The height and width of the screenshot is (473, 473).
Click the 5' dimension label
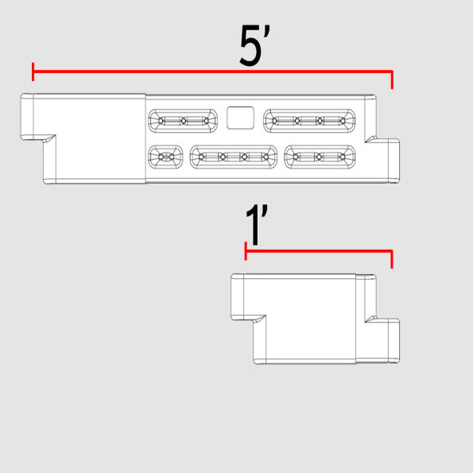(x=255, y=45)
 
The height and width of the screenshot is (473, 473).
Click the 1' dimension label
(x=257, y=226)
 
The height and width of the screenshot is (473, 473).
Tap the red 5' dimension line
(x=212, y=72)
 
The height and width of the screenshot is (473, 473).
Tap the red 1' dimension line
(x=319, y=250)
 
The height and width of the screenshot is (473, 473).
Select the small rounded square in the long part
(x=240, y=118)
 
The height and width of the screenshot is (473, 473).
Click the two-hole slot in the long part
(x=165, y=157)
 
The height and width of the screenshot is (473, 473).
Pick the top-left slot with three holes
(x=183, y=121)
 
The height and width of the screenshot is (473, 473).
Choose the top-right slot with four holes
(x=309, y=121)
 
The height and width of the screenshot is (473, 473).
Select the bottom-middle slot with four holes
(x=234, y=157)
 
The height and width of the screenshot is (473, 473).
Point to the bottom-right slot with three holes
(x=320, y=157)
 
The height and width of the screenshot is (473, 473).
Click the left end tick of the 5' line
(x=33, y=72)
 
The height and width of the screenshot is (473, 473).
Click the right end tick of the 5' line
(x=392, y=79)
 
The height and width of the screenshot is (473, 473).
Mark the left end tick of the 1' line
(x=246, y=250)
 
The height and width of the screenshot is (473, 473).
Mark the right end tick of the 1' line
(x=392, y=259)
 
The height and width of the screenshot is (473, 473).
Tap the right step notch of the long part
(x=371, y=139)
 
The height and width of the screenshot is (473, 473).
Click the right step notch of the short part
(x=371, y=320)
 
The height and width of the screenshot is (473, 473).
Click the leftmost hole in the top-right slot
(x=274, y=121)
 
